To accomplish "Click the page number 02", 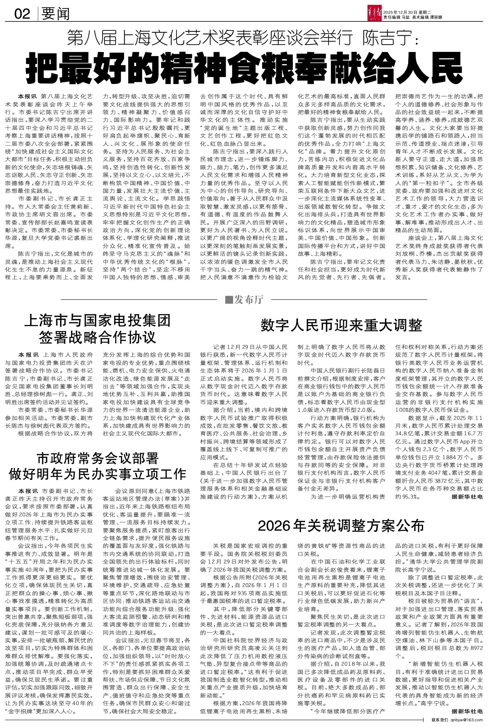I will click(x=22, y=15).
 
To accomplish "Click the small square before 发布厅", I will click(x=228, y=300).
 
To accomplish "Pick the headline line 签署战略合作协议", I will click(x=98, y=337).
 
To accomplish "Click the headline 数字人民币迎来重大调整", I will click(x=341, y=325).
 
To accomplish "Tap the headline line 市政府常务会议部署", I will click(x=97, y=458).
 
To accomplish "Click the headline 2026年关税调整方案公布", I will click(x=341, y=526).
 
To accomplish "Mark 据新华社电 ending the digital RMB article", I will click(x=467, y=497).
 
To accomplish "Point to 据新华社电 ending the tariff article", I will click(x=467, y=712).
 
